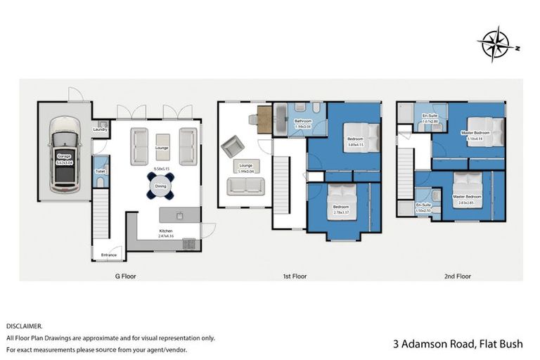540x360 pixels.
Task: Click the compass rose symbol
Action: (x=497, y=44)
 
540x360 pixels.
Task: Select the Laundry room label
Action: (x=100, y=129)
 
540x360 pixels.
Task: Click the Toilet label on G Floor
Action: (x=100, y=170)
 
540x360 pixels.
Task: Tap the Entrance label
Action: (x=108, y=255)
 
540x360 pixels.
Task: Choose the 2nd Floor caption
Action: (x=458, y=277)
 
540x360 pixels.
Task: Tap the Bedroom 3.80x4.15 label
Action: (x=355, y=141)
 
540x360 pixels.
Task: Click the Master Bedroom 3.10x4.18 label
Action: (x=476, y=135)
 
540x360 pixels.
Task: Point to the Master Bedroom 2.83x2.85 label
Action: (x=467, y=198)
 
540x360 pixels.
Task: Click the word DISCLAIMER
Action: (x=24, y=326)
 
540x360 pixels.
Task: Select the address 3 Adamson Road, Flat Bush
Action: (x=460, y=344)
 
